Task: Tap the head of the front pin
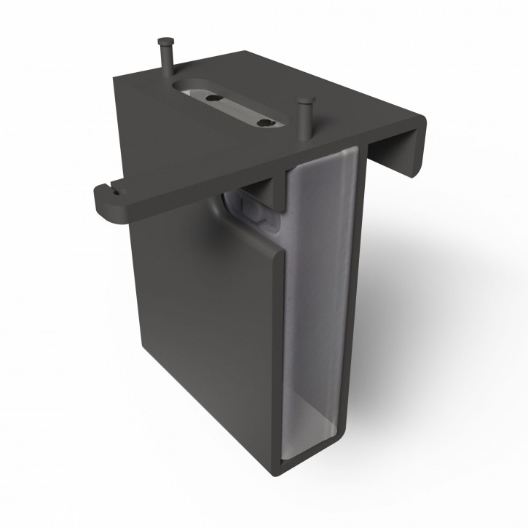(x=304, y=101)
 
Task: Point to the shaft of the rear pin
(x=168, y=63)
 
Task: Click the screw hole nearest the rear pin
(x=211, y=96)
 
